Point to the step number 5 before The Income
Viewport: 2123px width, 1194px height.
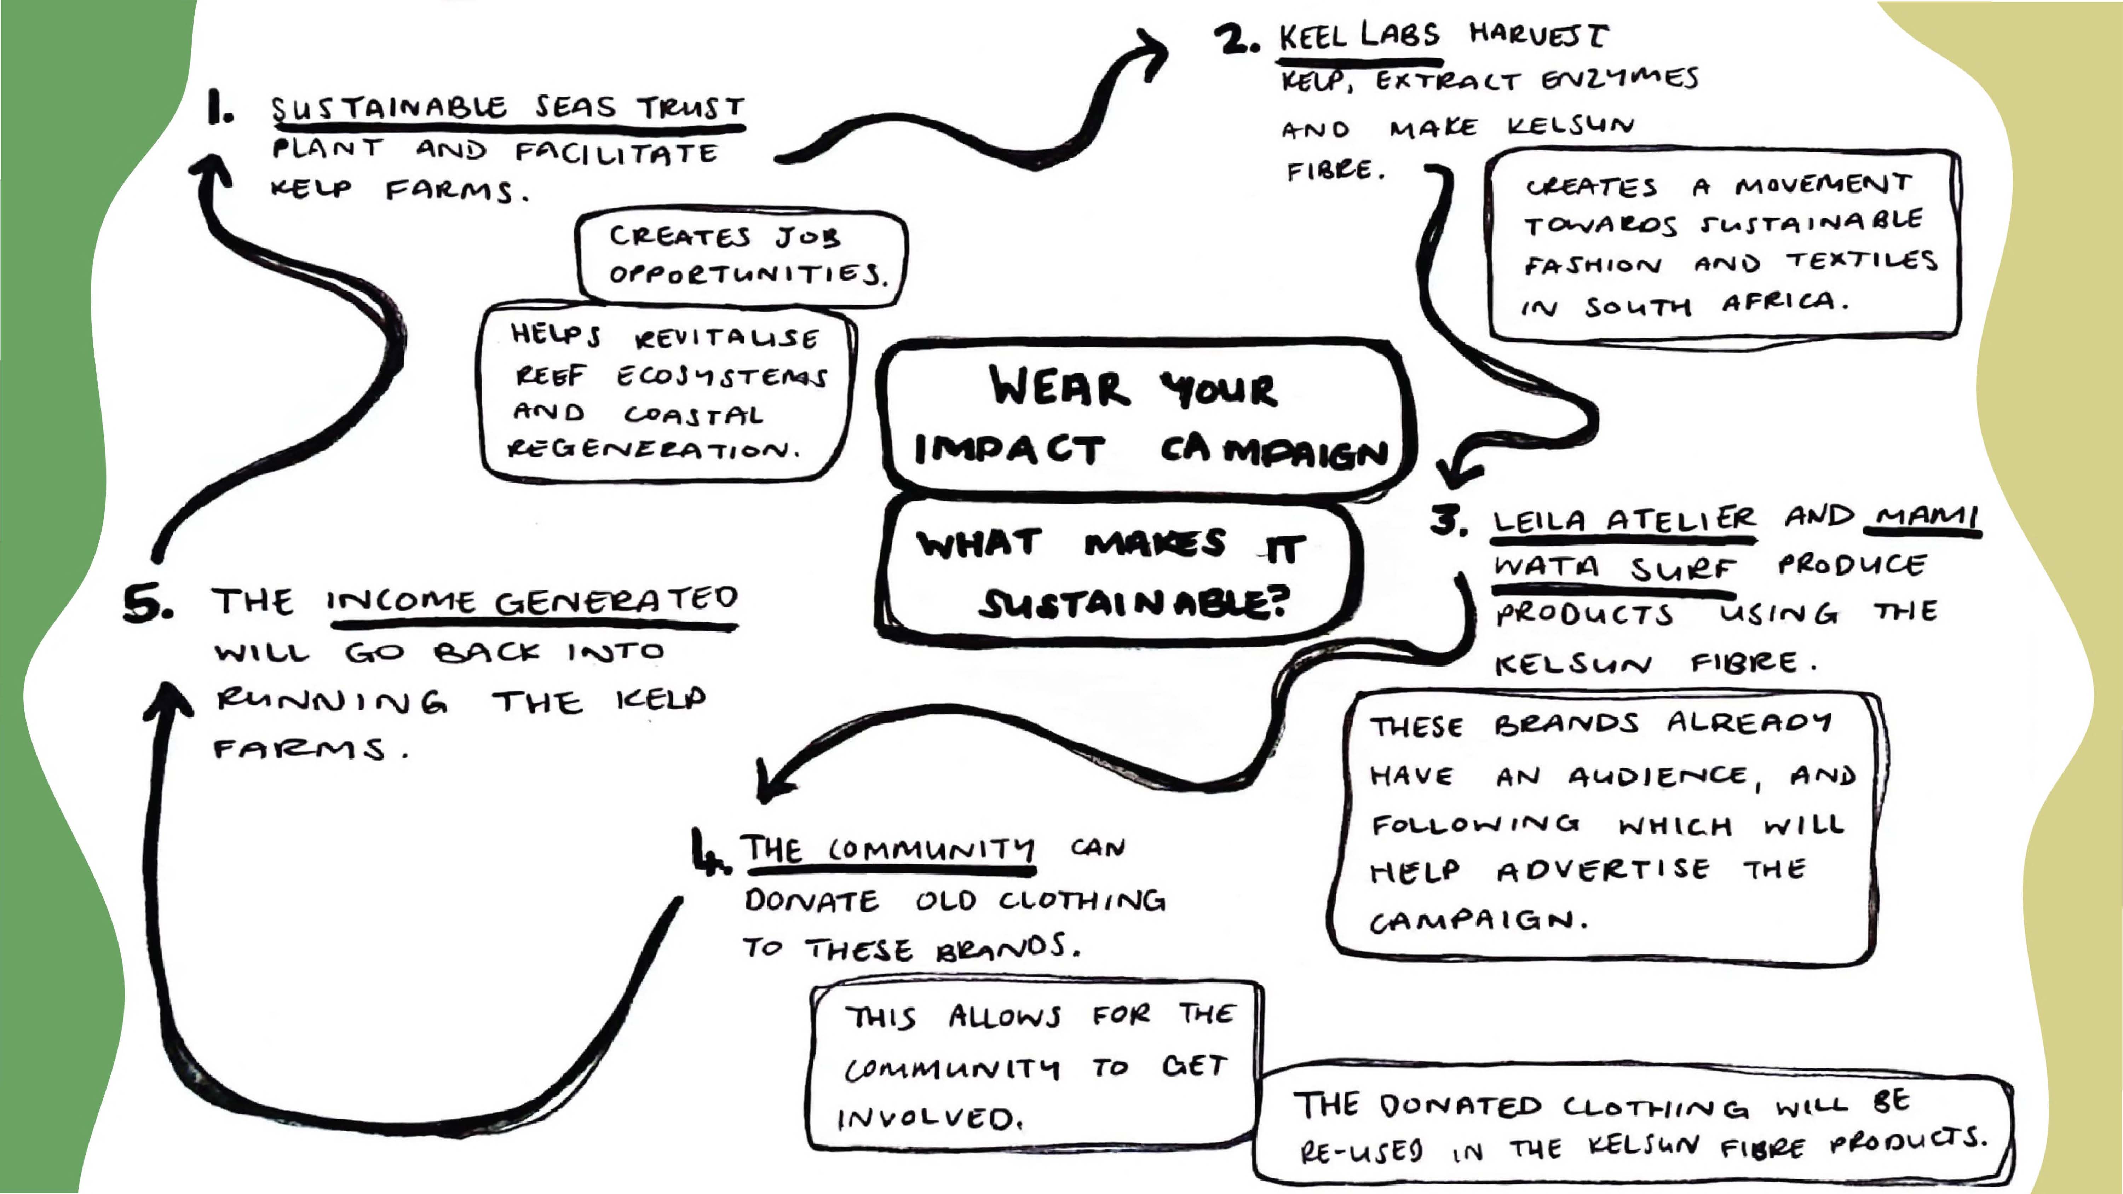pyautogui.click(x=147, y=604)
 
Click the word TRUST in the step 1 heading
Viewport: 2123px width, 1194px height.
pyautogui.click(x=691, y=107)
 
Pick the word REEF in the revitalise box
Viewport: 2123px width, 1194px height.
pyautogui.click(x=551, y=376)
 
